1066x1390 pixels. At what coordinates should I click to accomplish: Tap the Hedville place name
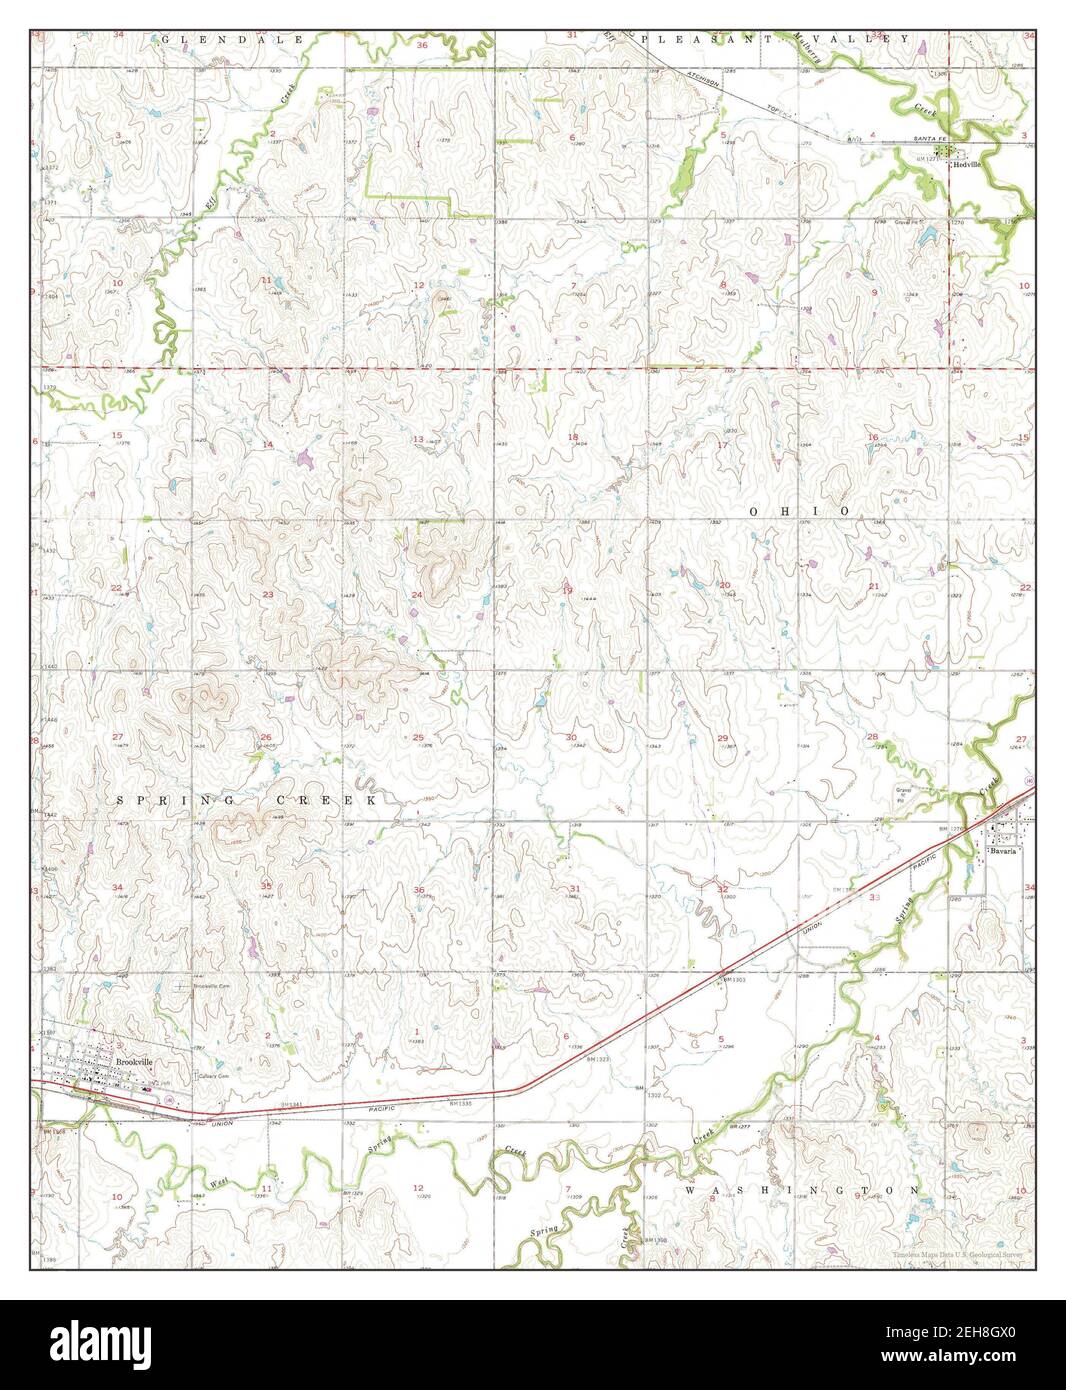click(x=967, y=162)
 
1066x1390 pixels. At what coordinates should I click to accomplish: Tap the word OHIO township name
click(x=799, y=510)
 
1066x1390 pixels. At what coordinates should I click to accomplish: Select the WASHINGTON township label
click(x=803, y=1190)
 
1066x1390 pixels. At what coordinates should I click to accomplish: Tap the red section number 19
click(x=567, y=591)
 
